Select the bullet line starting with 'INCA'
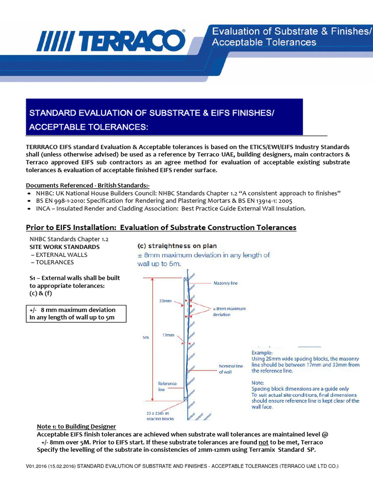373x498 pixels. pos(168,209)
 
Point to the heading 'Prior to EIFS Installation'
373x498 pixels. pos(161,228)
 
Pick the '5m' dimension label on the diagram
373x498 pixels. pos(145,338)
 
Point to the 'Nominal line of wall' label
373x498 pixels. pos(231,369)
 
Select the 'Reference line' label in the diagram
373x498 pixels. pos(167,386)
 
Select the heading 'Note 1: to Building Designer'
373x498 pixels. pos(76,427)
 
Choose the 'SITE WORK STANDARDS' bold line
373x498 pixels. pos(65,247)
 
